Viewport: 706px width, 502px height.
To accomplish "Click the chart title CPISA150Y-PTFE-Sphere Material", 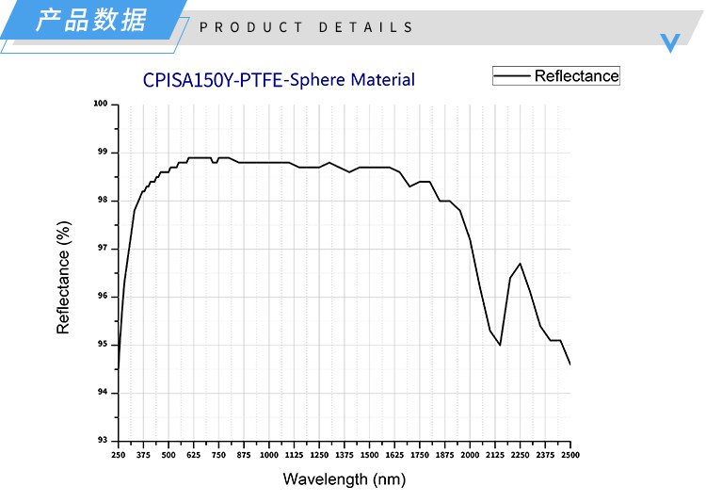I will (279, 80).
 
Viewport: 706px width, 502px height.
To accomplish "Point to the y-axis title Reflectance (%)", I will (64, 278).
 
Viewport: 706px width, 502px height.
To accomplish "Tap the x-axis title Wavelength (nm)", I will (344, 479).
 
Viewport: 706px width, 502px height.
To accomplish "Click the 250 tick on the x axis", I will (118, 455).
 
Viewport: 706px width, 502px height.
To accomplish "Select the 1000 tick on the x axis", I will (269, 455).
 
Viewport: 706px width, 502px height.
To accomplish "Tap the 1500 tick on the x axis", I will (369, 455).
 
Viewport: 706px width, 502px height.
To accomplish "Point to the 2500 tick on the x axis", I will (570, 455).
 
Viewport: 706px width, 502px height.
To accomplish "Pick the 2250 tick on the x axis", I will (520, 455).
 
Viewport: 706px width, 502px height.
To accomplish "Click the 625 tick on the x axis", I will (193, 455).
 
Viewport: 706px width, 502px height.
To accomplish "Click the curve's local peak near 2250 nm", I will (520, 264).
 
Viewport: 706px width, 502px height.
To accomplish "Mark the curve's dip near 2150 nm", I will (500, 345).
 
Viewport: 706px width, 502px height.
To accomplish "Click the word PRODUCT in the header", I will (251, 27).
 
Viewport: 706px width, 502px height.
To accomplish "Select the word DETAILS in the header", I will (366, 27).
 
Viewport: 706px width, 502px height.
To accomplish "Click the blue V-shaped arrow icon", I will (670, 41).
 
